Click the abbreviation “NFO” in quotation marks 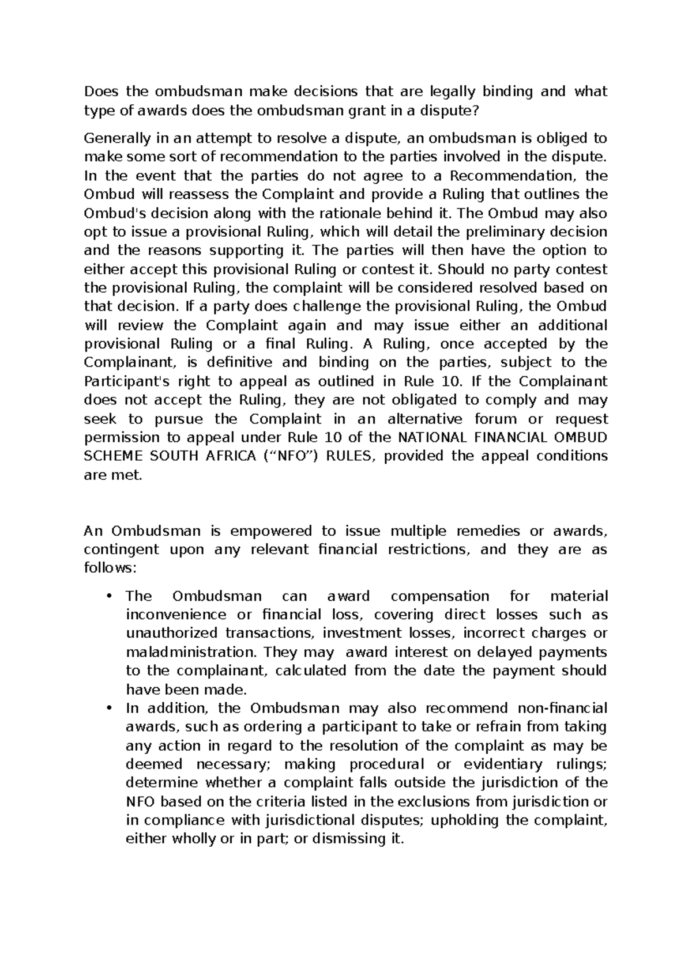(287, 456)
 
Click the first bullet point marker (109, 596)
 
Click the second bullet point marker (109, 708)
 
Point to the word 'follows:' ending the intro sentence (111, 569)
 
